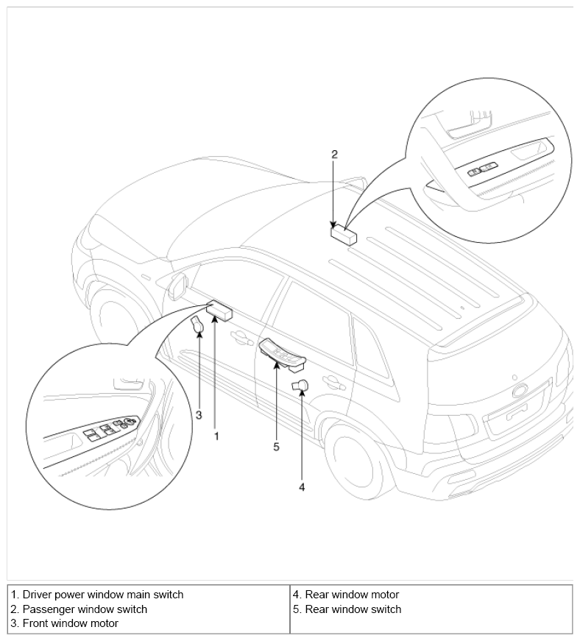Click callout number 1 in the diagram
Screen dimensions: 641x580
pyautogui.click(x=216, y=436)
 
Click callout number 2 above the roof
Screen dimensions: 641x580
pyautogui.click(x=334, y=155)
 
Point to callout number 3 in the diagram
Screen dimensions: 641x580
pyautogui.click(x=199, y=416)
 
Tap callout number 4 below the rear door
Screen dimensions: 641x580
pyautogui.click(x=302, y=486)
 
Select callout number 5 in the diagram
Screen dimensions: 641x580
pyautogui.click(x=276, y=446)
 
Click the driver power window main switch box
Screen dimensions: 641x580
pyautogui.click(x=220, y=312)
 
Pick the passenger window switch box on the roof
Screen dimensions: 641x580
pyautogui.click(x=343, y=235)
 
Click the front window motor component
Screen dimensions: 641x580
pyautogui.click(x=198, y=325)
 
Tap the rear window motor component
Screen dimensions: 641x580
pyautogui.click(x=300, y=385)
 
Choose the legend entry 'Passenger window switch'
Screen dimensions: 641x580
pyautogui.click(x=85, y=609)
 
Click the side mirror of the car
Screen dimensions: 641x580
pyautogui.click(x=177, y=286)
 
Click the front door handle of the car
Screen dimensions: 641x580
pyautogui.click(x=238, y=337)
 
